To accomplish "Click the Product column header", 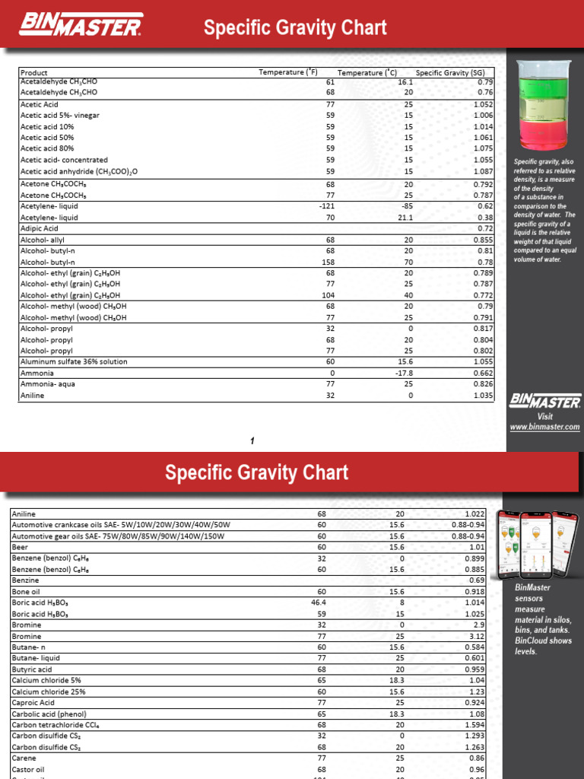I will (34, 72).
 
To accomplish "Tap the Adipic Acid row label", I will (39, 228).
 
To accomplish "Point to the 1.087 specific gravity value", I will (483, 172).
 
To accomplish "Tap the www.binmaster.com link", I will (544, 428).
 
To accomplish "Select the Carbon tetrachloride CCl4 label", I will (56, 725).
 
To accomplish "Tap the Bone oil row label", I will (26, 591).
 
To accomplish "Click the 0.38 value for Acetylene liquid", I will (485, 217).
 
